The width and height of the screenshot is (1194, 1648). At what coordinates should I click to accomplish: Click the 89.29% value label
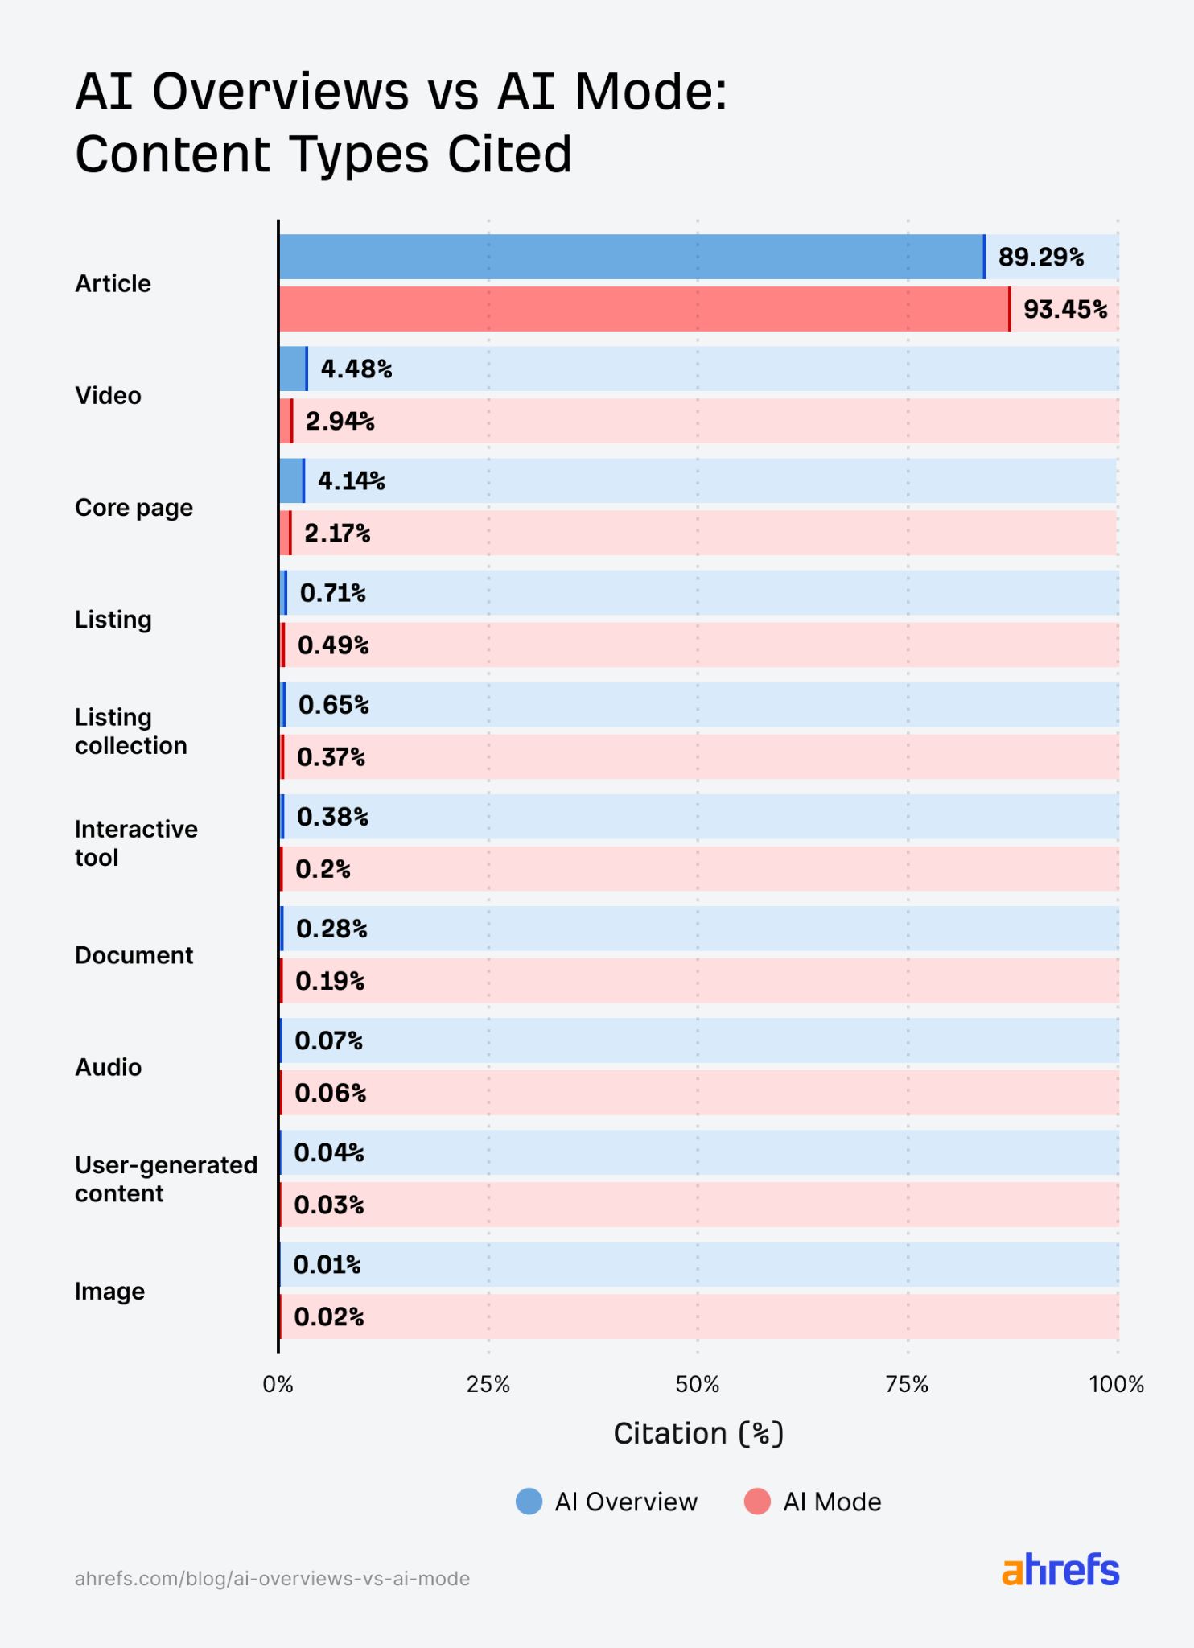pyautogui.click(x=1040, y=257)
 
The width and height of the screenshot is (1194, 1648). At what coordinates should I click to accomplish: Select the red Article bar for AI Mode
pyautogui.click(x=644, y=309)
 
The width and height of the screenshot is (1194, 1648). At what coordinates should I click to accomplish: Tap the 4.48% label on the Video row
pyautogui.click(x=356, y=369)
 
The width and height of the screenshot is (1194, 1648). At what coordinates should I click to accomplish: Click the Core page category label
pyautogui.click(x=134, y=508)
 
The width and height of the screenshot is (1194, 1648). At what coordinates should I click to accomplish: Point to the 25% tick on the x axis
pyautogui.click(x=488, y=1384)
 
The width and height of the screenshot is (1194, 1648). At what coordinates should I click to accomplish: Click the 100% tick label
pyautogui.click(x=1116, y=1384)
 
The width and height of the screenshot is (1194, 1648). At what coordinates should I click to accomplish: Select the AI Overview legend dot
pyautogui.click(x=529, y=1502)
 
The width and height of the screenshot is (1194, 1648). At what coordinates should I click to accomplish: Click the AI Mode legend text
pyautogui.click(x=832, y=1502)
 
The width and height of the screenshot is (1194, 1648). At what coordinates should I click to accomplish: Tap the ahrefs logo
pyautogui.click(x=1060, y=1570)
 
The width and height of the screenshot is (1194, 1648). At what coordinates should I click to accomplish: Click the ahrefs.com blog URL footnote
pyautogui.click(x=272, y=1578)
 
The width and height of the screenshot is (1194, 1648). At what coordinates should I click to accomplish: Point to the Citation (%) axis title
pyautogui.click(x=698, y=1433)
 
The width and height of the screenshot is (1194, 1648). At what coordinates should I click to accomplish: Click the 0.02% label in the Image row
pyautogui.click(x=328, y=1316)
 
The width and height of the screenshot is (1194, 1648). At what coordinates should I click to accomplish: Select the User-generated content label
pyautogui.click(x=166, y=1179)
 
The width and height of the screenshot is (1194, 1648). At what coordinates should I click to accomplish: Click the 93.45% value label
pyautogui.click(x=1064, y=309)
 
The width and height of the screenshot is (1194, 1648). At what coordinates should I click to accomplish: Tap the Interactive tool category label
pyautogui.click(x=136, y=843)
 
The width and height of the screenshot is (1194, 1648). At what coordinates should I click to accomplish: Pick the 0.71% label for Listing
pyautogui.click(x=332, y=593)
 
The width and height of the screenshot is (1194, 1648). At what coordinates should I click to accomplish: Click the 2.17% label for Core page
pyautogui.click(x=336, y=533)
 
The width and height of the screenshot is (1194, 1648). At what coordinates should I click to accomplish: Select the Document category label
pyautogui.click(x=134, y=955)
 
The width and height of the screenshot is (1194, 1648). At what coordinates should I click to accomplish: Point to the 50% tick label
pyautogui.click(x=697, y=1384)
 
